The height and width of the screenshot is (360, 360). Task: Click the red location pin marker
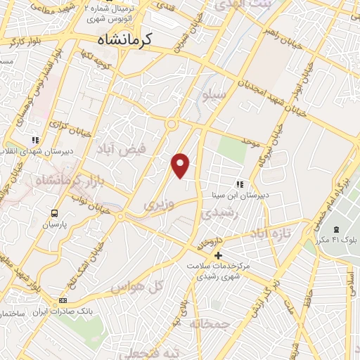tap(181, 165)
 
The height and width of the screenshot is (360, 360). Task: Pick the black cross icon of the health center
tap(218, 255)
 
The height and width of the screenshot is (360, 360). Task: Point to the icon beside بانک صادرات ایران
tap(63, 301)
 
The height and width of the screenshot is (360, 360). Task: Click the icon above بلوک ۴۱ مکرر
tap(336, 230)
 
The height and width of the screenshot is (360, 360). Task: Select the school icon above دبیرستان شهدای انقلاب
tap(35, 141)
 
